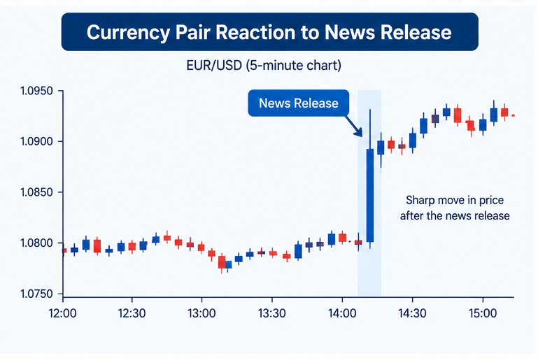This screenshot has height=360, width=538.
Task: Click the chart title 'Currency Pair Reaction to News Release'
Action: pos(269,32)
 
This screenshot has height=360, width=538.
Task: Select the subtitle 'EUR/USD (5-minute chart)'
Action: pos(264,65)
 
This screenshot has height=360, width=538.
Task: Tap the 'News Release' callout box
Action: pos(299,103)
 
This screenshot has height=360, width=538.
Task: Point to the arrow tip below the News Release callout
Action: pos(361,136)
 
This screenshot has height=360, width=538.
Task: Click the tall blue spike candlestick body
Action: pos(370,196)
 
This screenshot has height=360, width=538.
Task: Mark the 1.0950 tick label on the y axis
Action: pos(36,91)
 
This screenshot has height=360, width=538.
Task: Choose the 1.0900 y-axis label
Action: pos(36,142)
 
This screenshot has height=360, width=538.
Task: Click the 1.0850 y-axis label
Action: pos(36,192)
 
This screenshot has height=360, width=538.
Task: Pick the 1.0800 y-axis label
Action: pos(36,243)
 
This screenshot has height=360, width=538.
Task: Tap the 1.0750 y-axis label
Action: pos(36,294)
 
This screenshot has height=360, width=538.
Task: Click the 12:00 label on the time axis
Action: pos(63,313)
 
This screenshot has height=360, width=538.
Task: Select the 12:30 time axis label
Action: pos(132,313)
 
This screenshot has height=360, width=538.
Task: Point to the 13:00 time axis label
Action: pos(201,313)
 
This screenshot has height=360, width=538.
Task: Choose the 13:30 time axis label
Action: pos(271,313)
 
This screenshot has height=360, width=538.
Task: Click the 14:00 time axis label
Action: pos(342,313)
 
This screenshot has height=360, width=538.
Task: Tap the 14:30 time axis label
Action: pos(412,313)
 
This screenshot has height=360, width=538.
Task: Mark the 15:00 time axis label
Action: pos(483,313)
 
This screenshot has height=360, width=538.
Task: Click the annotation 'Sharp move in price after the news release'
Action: pos(455,208)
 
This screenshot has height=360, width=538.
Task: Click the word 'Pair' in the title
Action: pos(193,32)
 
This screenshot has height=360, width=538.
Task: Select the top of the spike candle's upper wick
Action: pos(370,110)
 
